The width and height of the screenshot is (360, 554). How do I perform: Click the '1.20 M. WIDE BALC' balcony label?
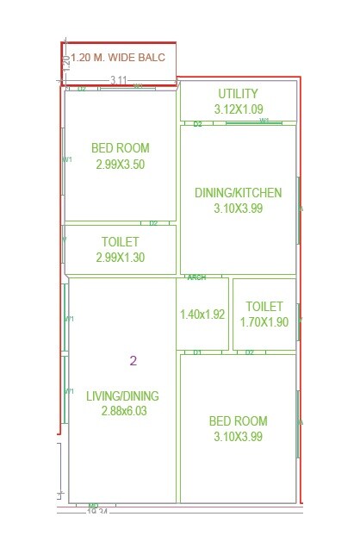pyautogui.click(x=123, y=57)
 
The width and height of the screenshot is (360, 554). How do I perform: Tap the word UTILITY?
pyautogui.click(x=239, y=93)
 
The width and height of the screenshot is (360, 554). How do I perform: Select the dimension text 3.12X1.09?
pyautogui.click(x=239, y=109)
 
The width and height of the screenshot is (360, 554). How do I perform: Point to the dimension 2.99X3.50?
pyautogui.click(x=121, y=164)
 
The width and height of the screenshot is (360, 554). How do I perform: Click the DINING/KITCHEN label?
pyautogui.click(x=238, y=192)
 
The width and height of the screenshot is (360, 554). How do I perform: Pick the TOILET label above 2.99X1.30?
pyautogui.click(x=121, y=242)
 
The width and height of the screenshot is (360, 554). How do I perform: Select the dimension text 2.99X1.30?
pyautogui.click(x=121, y=258)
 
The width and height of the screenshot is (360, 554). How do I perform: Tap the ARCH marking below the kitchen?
pyautogui.click(x=196, y=277)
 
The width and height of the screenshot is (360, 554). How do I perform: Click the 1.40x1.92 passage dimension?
pyautogui.click(x=202, y=314)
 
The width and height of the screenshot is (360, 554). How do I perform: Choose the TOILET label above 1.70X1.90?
pyautogui.click(x=264, y=307)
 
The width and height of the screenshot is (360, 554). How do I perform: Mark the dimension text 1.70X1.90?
pyautogui.click(x=264, y=322)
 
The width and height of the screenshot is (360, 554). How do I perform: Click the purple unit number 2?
pyautogui.click(x=133, y=361)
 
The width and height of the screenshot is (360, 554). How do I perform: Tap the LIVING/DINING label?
pyautogui.click(x=122, y=396)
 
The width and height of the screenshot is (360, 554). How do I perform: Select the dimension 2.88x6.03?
pyautogui.click(x=122, y=412)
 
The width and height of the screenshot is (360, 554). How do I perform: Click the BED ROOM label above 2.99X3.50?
pyautogui.click(x=121, y=148)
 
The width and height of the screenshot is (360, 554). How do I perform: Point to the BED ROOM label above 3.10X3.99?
pyautogui.click(x=238, y=421)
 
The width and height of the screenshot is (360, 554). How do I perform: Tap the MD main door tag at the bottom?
pyautogui.click(x=93, y=506)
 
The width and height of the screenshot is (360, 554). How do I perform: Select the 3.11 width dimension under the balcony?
pyautogui.click(x=118, y=80)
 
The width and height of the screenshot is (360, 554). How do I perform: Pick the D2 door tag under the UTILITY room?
pyautogui.click(x=197, y=124)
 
